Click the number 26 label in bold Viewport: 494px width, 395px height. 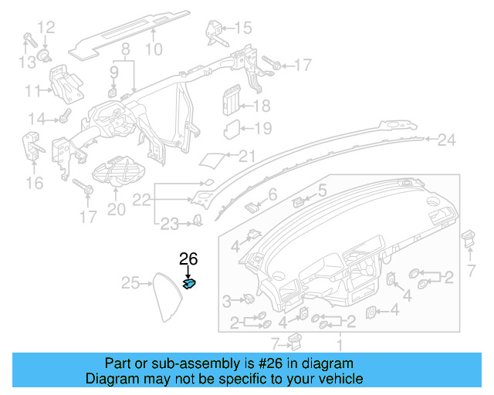[189, 258]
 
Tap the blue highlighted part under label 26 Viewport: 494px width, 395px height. [188, 284]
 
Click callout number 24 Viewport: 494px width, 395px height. [447, 140]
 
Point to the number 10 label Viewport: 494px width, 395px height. [154, 49]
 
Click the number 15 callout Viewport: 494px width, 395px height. [242, 29]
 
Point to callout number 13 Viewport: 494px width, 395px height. [28, 61]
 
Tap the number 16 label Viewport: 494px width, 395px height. [34, 182]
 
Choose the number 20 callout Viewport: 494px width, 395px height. [116, 209]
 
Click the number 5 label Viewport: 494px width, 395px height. [322, 190]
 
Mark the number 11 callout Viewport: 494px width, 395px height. [32, 91]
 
